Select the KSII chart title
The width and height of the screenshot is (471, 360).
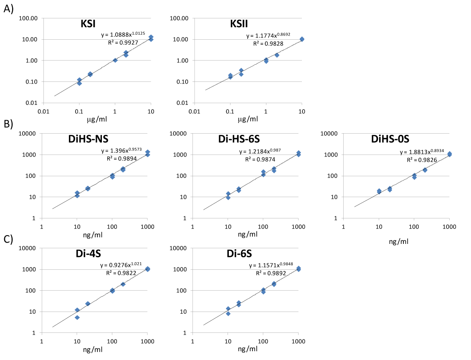pyautogui.click(x=239, y=24)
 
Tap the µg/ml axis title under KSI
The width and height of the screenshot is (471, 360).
pyautogui.click(x=97, y=119)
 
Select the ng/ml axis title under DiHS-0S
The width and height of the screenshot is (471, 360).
pyautogui.click(x=398, y=241)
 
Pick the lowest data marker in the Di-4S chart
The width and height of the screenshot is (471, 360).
pyautogui.click(x=77, y=317)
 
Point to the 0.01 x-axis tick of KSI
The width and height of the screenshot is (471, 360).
pyautogui.click(x=43, y=111)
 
